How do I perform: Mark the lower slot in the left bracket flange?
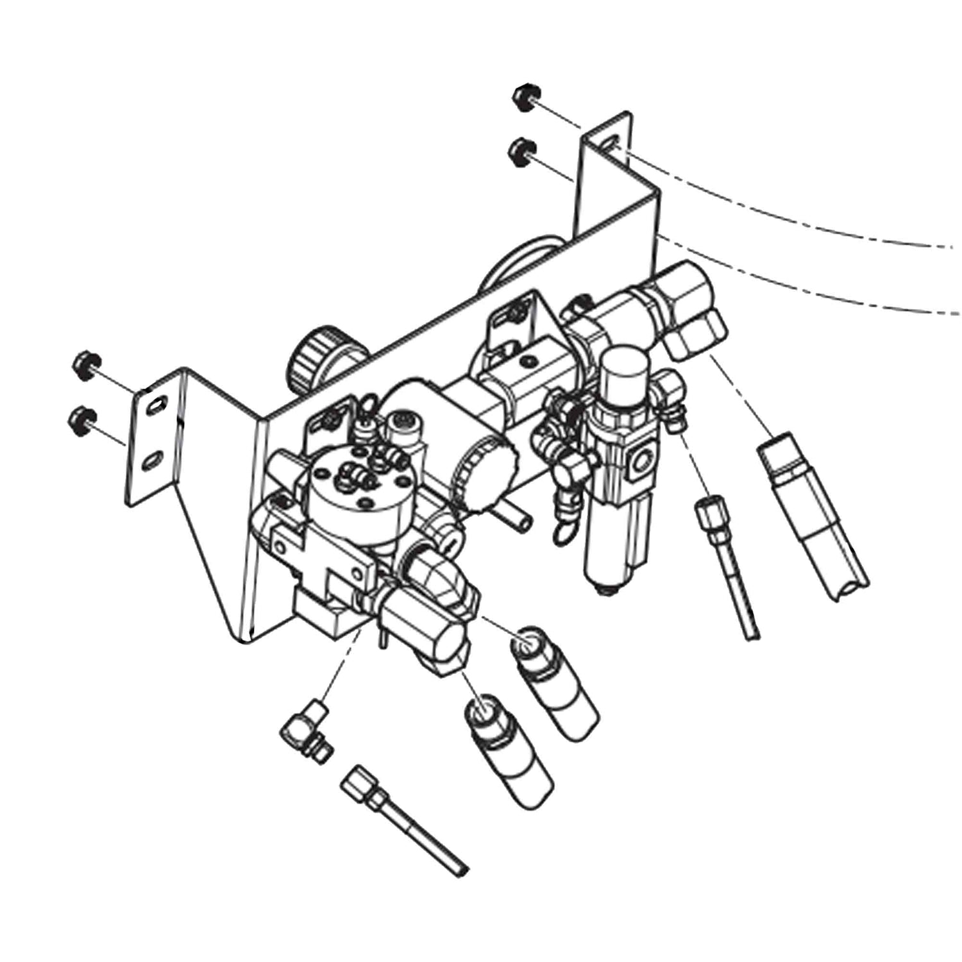pos(151,461)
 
